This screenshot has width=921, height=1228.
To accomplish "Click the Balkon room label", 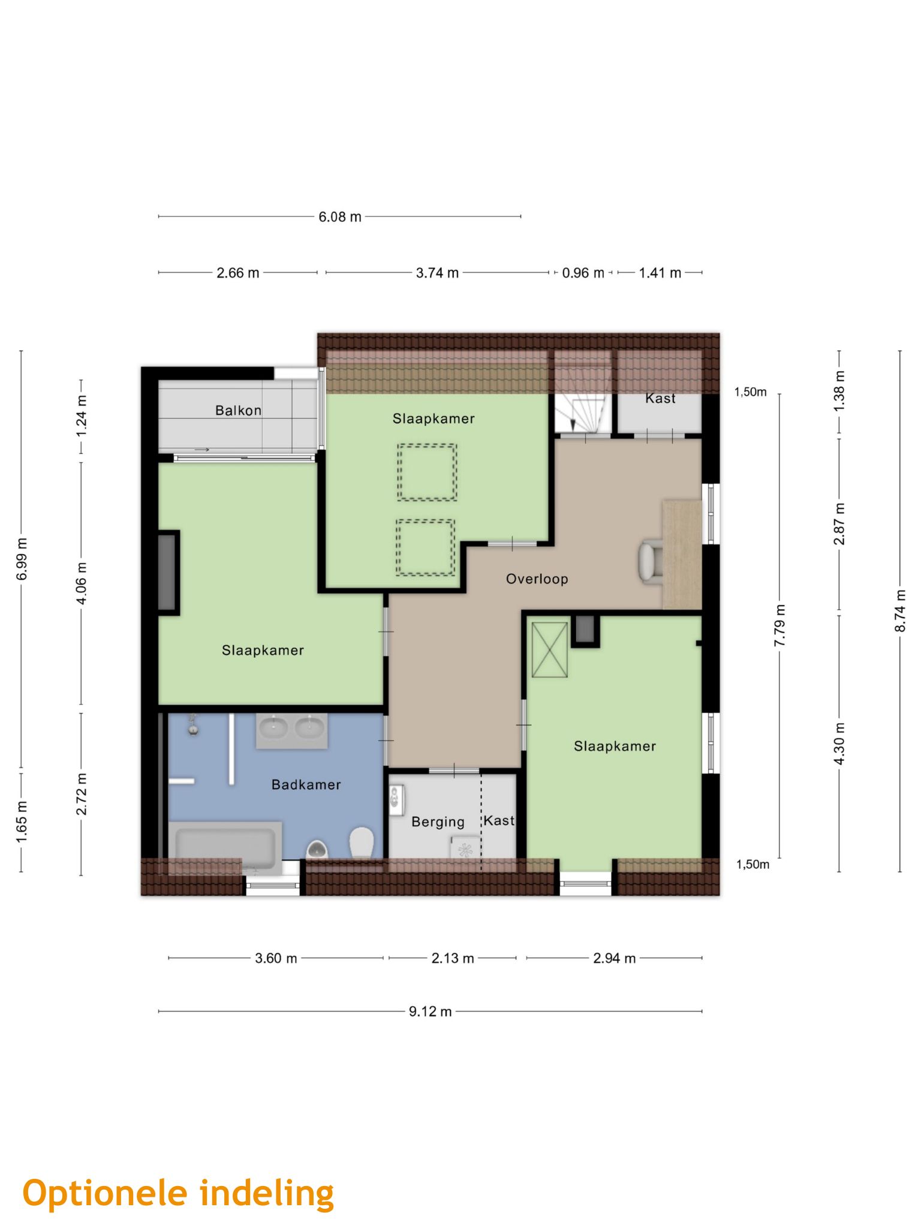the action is coord(238,411).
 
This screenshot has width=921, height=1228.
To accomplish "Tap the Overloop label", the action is coord(537,579).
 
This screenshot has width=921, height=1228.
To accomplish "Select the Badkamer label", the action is coord(306,785).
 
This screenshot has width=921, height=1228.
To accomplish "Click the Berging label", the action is coord(438,822).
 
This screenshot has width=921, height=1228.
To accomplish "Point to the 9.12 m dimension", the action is coord(430,1012).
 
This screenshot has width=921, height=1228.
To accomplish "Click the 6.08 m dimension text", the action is coord(340,217).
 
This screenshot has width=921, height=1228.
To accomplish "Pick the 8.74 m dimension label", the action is coord(900,610).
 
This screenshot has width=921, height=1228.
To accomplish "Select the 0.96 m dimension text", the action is coord(583,273).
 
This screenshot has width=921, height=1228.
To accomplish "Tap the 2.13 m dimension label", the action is coord(453,958).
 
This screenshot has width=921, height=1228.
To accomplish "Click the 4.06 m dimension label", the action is coord(81,583).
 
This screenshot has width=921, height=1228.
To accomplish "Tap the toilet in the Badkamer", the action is coord(362,842).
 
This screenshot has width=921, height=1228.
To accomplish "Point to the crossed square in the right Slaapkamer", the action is coord(549,649).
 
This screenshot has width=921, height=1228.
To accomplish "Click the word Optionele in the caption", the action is coord(105,1193).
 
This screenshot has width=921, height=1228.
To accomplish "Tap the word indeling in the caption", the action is coord(267,1193).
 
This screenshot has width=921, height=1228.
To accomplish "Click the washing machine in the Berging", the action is coord(465,850).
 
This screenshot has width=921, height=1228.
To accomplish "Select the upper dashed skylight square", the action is coord(426,472).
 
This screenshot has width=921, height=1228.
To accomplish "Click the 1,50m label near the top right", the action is coord(751,392).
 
